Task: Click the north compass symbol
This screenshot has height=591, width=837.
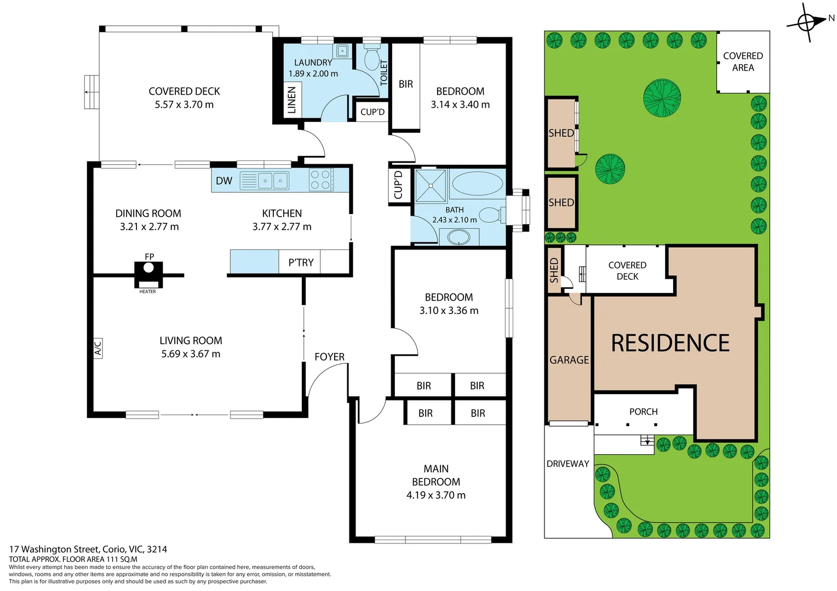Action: (x=806, y=22)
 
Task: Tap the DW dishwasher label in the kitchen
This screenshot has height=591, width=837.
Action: (x=223, y=181)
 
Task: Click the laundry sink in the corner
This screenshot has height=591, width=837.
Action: (x=342, y=51)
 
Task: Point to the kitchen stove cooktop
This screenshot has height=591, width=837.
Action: (x=321, y=180)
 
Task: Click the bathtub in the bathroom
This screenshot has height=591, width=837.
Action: (x=477, y=183)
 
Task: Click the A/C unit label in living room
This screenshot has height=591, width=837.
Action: (x=98, y=348)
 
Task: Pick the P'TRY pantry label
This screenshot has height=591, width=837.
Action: (x=301, y=263)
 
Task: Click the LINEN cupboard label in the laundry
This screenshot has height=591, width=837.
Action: (x=291, y=100)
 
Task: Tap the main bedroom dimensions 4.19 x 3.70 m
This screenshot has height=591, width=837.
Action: (x=435, y=495)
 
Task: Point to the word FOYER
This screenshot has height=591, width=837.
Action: (x=329, y=357)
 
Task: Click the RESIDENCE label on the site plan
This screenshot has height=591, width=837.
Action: (x=670, y=343)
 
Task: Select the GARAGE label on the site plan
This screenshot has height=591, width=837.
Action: (x=569, y=360)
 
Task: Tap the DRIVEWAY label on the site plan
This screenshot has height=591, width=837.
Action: (x=567, y=463)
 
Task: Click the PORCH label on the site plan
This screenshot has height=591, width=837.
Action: (x=643, y=412)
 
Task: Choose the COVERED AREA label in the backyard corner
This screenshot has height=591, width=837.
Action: (x=743, y=62)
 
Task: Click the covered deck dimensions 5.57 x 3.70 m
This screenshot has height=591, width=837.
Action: (x=184, y=105)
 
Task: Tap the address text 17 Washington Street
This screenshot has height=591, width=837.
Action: (x=88, y=549)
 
